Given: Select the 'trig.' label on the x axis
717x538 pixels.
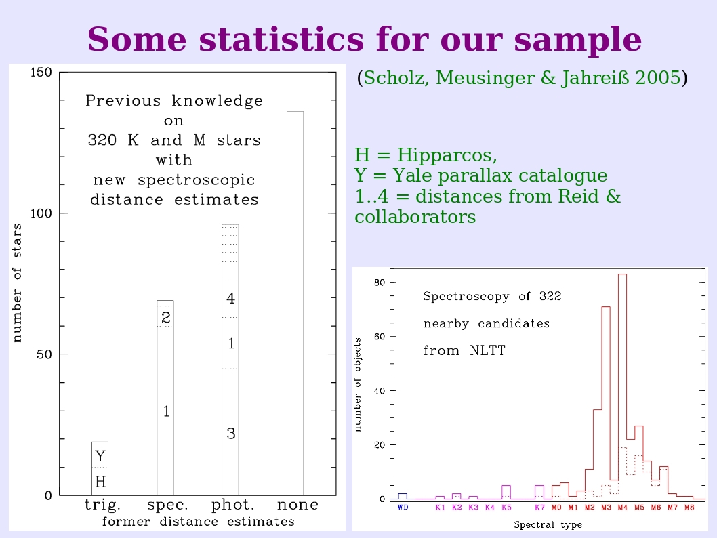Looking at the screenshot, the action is click(x=103, y=505).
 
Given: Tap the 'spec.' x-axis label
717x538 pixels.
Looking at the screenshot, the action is click(x=167, y=505).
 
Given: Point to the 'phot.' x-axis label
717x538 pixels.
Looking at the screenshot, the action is click(x=232, y=505).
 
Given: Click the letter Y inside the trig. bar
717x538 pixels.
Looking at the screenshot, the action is click(x=100, y=456).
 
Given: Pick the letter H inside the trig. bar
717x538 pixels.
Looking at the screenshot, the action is click(x=100, y=481).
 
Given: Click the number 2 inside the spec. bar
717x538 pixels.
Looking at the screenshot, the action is click(x=166, y=317).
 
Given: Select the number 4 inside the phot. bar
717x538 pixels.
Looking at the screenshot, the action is click(x=230, y=298).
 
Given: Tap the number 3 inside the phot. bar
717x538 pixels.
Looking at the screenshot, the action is click(x=231, y=434).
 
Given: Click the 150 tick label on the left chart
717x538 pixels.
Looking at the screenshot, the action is click(x=41, y=73).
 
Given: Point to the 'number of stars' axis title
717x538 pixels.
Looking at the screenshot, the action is click(x=17, y=283).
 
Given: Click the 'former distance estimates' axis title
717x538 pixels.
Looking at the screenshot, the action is click(x=199, y=522).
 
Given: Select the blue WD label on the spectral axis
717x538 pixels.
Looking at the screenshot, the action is click(x=403, y=508).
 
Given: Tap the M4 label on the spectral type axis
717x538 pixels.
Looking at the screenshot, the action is click(x=622, y=508).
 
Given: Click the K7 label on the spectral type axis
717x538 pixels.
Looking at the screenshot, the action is click(x=539, y=508).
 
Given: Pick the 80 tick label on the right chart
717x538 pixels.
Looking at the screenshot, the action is click(x=380, y=283).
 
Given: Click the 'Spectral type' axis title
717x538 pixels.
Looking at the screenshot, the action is click(x=548, y=524).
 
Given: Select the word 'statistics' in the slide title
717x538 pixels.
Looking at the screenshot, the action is click(x=281, y=39).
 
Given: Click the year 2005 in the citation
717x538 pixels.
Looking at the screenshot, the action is click(x=658, y=78).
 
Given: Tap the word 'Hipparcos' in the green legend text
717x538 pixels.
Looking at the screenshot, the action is click(x=447, y=155).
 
